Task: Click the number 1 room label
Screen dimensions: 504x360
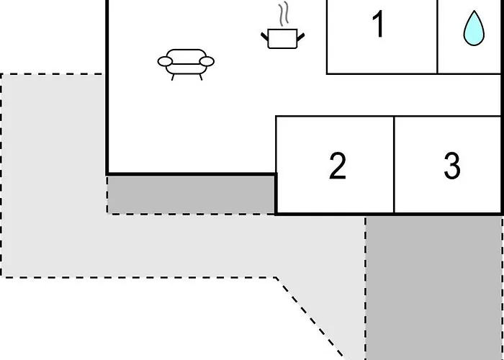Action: pos(378,24)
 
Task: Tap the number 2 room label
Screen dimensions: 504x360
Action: pos(338,166)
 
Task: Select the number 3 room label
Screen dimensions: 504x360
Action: pos(452,166)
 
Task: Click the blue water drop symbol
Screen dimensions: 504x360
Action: pos(474,28)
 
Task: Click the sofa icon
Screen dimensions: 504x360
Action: pos(186,65)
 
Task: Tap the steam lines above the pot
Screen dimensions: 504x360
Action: pos(283,14)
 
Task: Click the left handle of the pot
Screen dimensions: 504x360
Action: pos(264,37)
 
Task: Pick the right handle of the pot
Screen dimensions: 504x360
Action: pos(300,37)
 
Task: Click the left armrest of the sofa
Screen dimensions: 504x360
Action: pos(165,61)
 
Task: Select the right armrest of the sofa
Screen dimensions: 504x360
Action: pos(207,61)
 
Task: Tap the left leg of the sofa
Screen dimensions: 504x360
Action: pos(173,77)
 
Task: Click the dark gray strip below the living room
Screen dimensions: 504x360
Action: pos(191,195)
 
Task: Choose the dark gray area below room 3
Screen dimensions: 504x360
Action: pos(433,288)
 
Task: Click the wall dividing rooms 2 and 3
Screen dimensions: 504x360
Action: pos(394,164)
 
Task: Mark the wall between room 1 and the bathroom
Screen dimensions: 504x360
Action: pos(437,37)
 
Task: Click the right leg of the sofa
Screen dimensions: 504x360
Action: pos(201,77)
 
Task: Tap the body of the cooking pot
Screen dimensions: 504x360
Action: pos(282,39)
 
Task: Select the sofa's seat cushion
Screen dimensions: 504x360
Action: pos(186,69)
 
